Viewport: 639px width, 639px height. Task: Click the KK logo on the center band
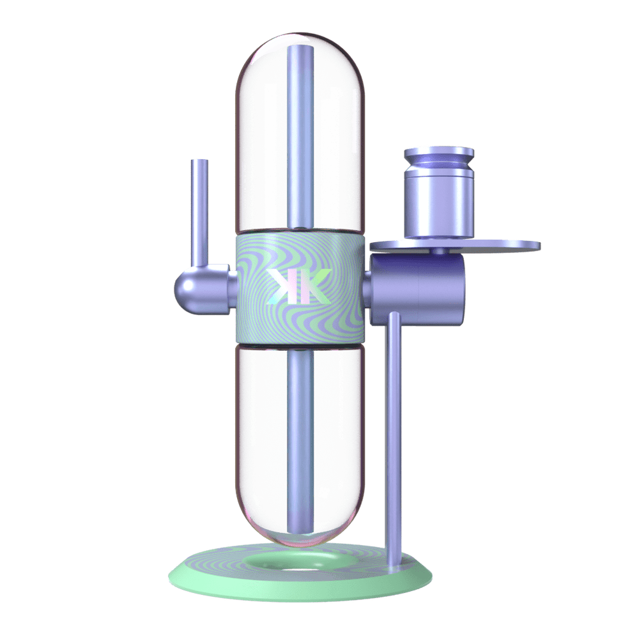tap(299, 286)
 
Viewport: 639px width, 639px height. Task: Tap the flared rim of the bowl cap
tap(439, 153)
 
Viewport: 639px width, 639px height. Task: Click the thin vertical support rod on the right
tap(393, 435)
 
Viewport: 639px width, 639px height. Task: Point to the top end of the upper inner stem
tap(298, 50)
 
